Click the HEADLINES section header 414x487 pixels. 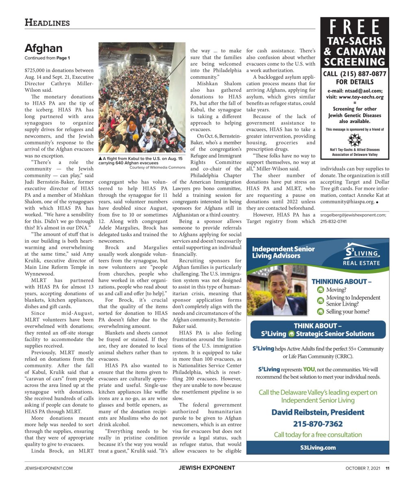(47, 23)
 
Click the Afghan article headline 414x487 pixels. (44, 48)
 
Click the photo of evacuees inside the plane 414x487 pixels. (142, 98)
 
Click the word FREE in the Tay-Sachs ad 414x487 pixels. (355, 28)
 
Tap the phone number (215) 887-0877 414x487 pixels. (355, 74)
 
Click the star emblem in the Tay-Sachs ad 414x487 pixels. (355, 140)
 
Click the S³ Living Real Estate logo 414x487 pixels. (361, 254)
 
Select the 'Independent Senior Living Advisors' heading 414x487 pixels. (283, 252)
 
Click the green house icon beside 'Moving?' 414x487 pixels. (320, 290)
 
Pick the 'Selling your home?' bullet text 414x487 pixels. (348, 312)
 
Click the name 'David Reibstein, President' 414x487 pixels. (318, 412)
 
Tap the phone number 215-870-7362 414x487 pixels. (318, 424)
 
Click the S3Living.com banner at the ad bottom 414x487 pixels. (318, 447)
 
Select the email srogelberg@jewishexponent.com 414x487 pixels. (353, 215)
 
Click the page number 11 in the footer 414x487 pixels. (388, 468)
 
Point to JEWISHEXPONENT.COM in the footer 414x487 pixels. (49, 468)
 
